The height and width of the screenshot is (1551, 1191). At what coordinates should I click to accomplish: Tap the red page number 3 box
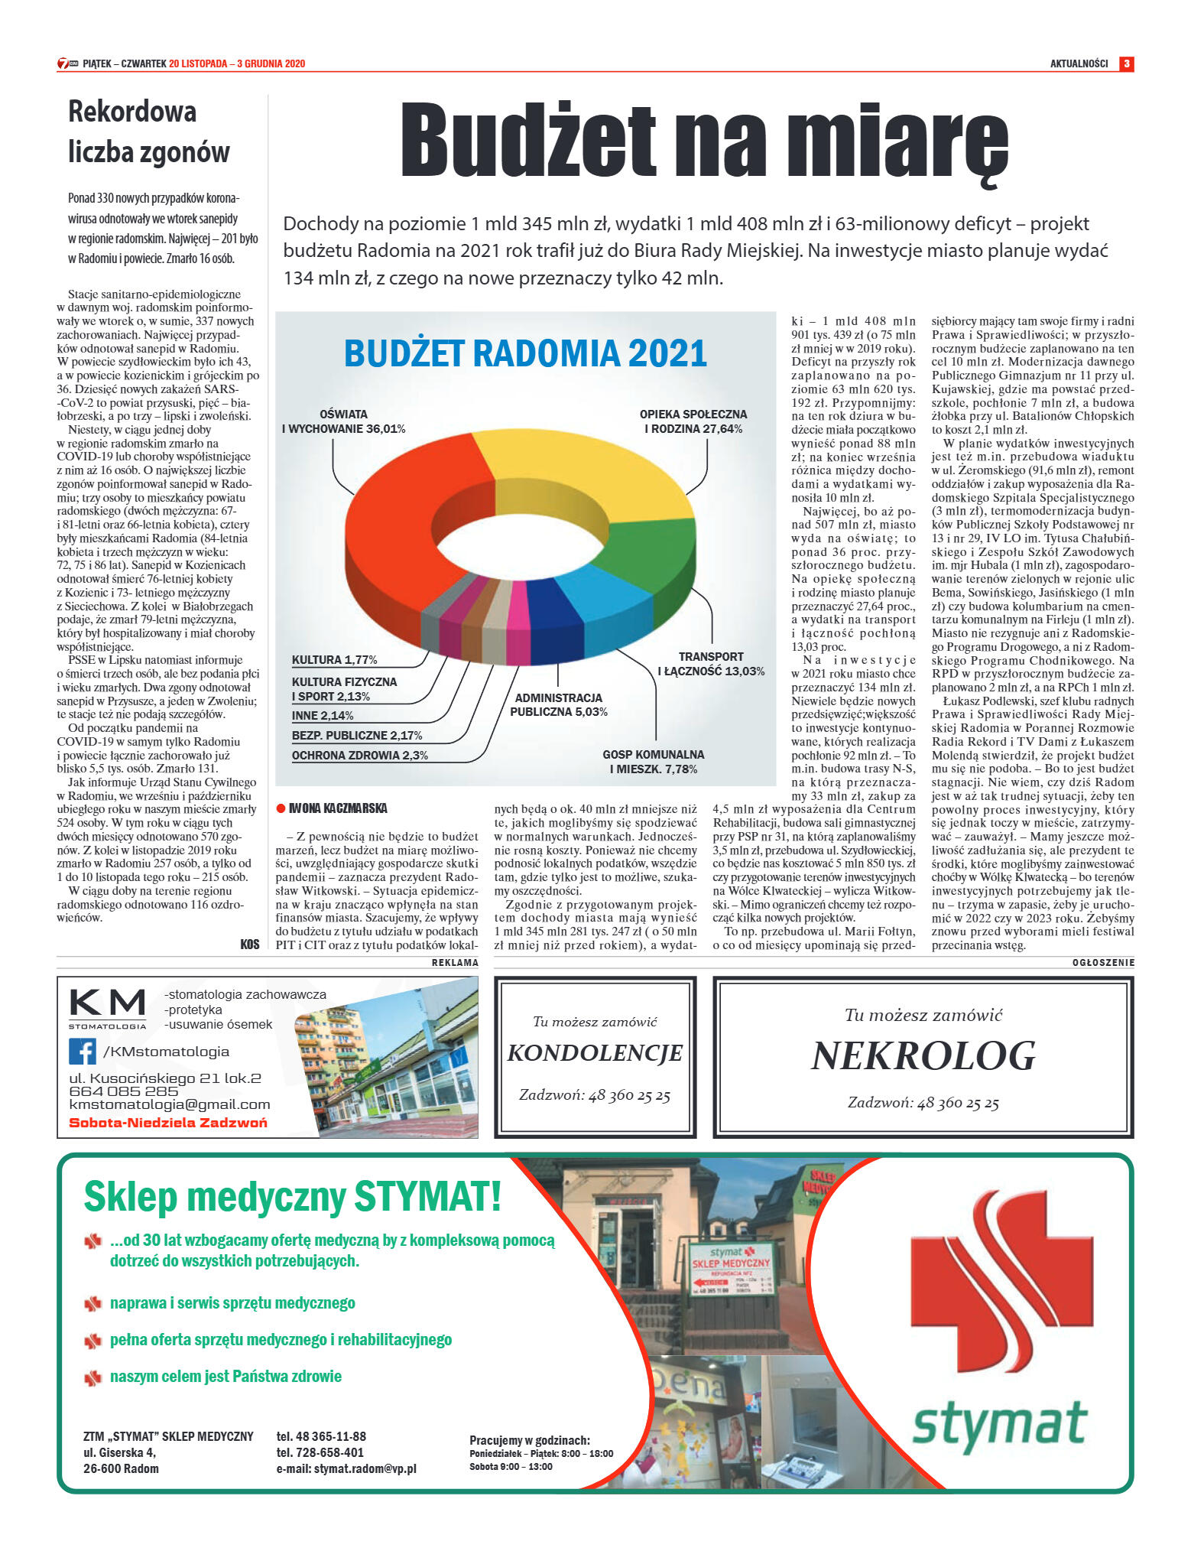tap(1126, 63)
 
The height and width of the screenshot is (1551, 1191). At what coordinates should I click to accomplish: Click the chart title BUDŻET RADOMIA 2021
tap(525, 353)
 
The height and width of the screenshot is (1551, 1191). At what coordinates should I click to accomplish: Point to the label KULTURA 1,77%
tap(334, 660)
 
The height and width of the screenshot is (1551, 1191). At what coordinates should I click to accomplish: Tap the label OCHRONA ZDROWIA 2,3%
tap(359, 756)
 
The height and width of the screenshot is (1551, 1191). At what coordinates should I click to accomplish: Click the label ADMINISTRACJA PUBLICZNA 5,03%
tap(558, 704)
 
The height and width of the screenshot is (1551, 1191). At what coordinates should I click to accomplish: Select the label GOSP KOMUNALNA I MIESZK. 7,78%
tap(653, 762)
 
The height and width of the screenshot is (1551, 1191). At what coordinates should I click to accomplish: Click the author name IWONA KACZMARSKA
tap(337, 808)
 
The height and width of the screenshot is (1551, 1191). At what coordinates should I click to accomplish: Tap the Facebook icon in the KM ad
tap(83, 1052)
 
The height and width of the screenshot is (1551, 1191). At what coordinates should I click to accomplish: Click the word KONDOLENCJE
tap(595, 1053)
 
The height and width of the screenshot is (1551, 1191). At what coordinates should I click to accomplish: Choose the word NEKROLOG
tap(923, 1056)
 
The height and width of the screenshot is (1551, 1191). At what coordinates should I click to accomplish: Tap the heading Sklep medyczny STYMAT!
tap(292, 1197)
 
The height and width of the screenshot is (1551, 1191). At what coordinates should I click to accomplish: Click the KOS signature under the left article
tap(249, 945)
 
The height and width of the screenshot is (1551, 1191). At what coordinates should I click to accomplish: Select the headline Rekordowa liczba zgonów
tap(148, 132)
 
